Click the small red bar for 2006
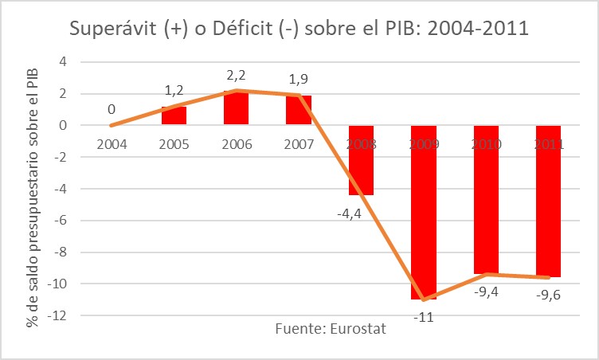[236, 108]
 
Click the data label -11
[423, 317]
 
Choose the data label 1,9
[299, 79]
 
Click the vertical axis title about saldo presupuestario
[32, 187]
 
